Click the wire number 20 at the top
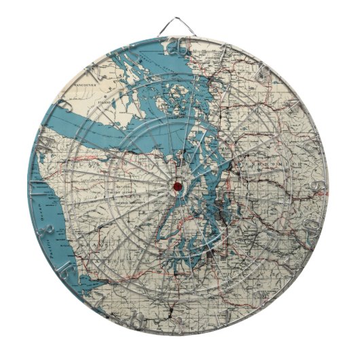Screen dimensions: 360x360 179,46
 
